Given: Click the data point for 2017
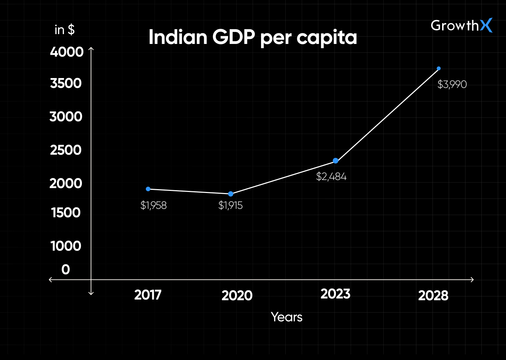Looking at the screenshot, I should click(148, 189).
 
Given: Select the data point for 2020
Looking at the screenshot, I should click(231, 194).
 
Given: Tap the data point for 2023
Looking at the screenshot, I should click(336, 161).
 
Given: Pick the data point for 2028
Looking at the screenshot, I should click(439, 69).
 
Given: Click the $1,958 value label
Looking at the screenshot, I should click(154, 205).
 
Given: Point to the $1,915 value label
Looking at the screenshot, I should click(231, 205).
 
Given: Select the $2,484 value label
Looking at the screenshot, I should click(331, 176).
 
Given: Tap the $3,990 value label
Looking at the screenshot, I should click(452, 84).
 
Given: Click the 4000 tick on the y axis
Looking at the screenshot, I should click(67, 52).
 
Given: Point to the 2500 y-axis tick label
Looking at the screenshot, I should click(66, 150).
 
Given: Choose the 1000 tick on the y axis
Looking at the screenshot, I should click(66, 246).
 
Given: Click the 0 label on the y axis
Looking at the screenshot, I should click(66, 270).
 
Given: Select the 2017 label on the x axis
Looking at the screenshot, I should click(148, 295).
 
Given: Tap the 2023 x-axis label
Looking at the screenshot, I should click(335, 294).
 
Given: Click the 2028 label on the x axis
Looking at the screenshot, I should click(433, 296).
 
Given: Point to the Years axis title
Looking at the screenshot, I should click(286, 317).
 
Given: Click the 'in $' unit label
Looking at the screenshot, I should click(65, 30).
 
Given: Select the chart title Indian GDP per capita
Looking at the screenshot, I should click(253, 37).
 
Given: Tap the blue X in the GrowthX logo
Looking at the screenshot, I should click(486, 25).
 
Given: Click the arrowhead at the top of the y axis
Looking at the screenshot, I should click(91, 49).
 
